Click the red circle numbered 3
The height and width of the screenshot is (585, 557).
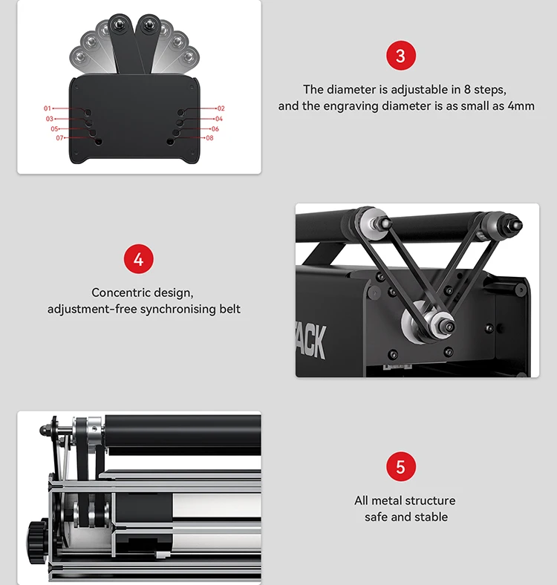tap(401, 56)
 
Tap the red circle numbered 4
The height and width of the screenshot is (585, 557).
tap(138, 260)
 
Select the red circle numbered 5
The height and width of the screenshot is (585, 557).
tap(401, 467)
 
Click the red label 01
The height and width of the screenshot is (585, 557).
tap(48, 109)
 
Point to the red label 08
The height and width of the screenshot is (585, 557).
tap(209, 138)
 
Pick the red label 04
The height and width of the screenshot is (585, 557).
tap(219, 119)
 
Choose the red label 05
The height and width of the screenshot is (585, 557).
tap(54, 128)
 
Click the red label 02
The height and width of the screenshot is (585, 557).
tap(221, 109)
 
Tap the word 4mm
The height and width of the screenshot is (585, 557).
tap(518, 106)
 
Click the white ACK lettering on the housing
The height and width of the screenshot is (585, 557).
tap(309, 340)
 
